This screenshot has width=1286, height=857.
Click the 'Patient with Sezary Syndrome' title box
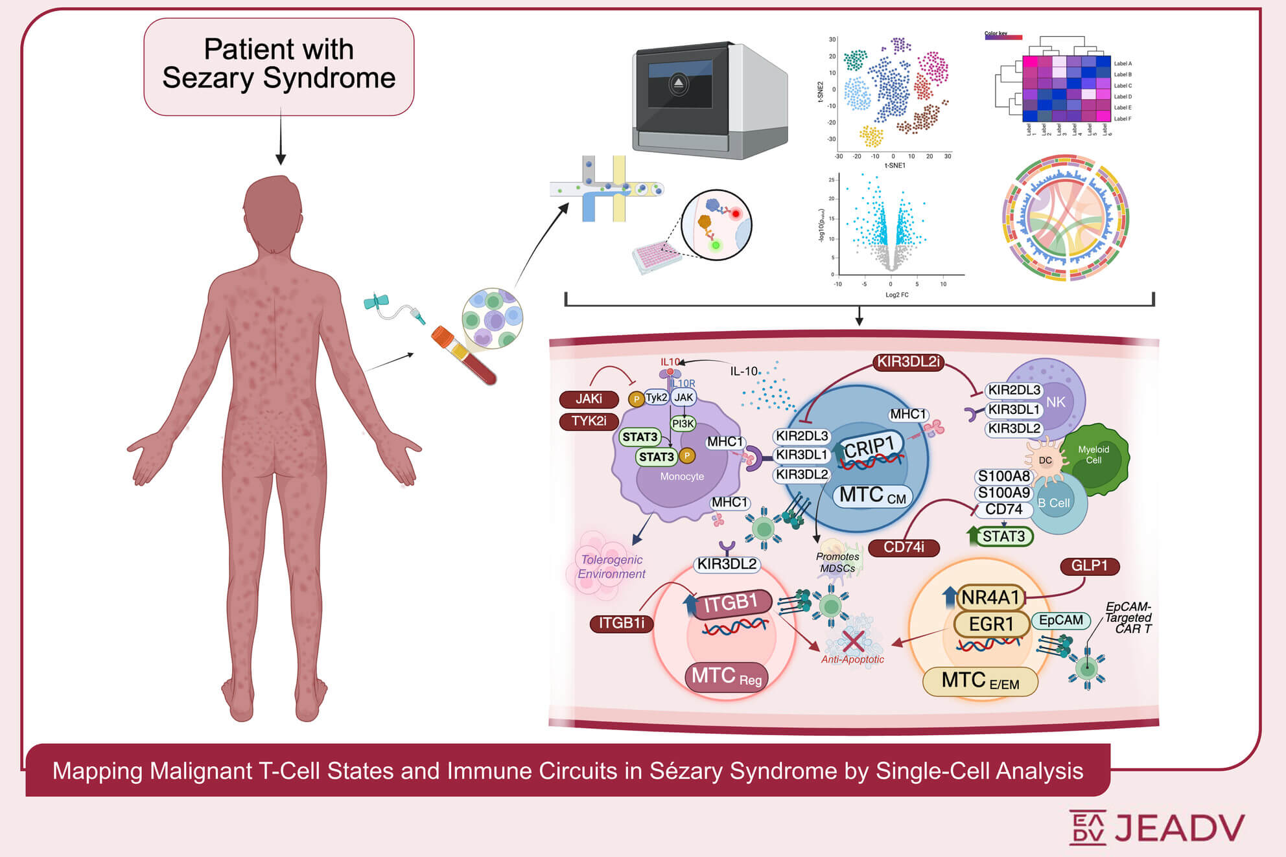click(x=279, y=66)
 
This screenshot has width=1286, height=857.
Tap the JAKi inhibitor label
click(x=589, y=399)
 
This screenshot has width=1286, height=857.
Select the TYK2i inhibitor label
click(x=589, y=421)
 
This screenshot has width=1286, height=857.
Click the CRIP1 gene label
click(x=869, y=447)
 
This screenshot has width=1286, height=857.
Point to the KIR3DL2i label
click(x=907, y=362)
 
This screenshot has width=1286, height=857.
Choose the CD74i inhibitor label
click(x=904, y=547)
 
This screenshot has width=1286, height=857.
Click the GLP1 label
click(x=1089, y=566)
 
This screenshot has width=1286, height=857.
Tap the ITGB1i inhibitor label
click(x=621, y=623)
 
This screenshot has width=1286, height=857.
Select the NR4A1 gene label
click(x=990, y=597)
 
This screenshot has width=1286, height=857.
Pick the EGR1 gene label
click(x=990, y=624)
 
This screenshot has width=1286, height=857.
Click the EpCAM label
click(x=1060, y=620)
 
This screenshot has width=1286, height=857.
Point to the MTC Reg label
click(x=726, y=677)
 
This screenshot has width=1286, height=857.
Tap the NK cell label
click(x=1055, y=402)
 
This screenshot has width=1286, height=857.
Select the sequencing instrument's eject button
click(x=678, y=84)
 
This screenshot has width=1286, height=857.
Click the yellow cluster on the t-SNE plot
click(x=871, y=136)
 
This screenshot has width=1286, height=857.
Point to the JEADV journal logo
click(x=1156, y=827)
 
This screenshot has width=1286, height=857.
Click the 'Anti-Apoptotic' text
click(x=852, y=659)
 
